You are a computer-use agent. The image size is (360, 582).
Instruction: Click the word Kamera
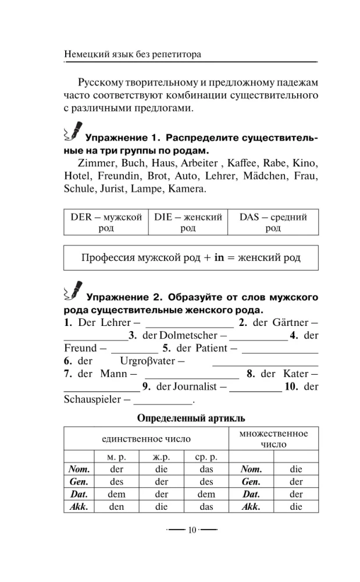click(x=186, y=190)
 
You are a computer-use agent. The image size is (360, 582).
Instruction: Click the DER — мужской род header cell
click(x=105, y=223)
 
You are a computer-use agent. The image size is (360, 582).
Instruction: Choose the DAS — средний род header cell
click(x=273, y=223)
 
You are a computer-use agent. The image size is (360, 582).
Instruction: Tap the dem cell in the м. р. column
click(x=117, y=494)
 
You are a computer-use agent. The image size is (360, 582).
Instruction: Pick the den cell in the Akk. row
click(x=117, y=507)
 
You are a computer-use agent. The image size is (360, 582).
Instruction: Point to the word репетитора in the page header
click(x=175, y=54)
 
